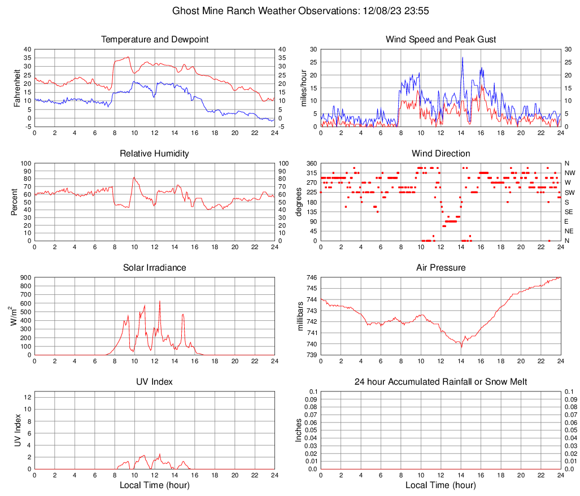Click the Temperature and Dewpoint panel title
155,40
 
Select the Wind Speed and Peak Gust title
441,40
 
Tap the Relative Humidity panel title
155,154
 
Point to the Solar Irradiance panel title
155,268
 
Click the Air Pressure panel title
441,268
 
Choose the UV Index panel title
155,382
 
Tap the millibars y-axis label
300,316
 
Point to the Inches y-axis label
299,430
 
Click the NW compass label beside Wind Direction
570,173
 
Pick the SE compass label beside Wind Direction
569,212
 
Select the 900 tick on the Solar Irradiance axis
25,277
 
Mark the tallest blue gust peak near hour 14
463,58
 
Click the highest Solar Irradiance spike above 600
159,301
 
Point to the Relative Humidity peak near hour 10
134,177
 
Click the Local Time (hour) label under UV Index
154,485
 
